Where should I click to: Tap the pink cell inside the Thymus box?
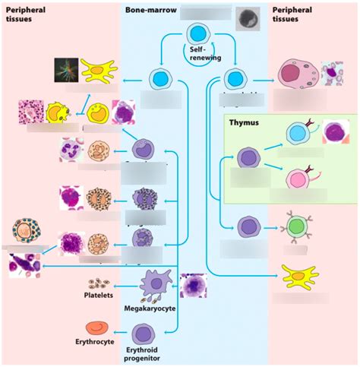(x=297, y=180)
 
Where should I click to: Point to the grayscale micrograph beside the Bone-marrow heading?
(x=248, y=17)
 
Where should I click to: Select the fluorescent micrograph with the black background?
(x=65, y=70)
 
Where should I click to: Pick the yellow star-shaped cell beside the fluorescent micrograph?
(x=97, y=70)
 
